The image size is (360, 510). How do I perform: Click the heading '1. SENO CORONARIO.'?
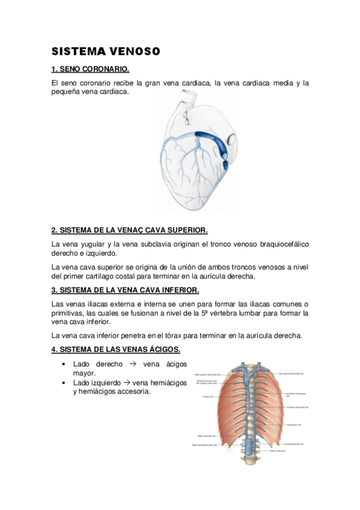coord(90,69)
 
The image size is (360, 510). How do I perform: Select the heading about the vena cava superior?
coord(129,230)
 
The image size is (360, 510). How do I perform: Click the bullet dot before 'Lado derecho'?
coord(64,364)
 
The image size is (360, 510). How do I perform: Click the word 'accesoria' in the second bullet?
coord(132,392)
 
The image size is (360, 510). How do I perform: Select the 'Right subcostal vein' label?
coord(206,436)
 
